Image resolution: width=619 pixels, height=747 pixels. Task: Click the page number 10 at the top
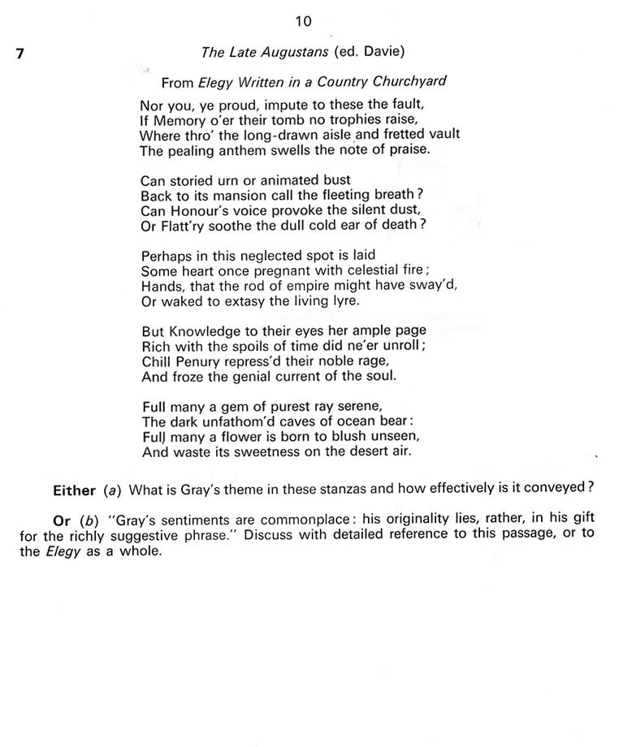click(x=304, y=19)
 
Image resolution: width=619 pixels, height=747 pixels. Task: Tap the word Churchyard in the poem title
click(x=409, y=82)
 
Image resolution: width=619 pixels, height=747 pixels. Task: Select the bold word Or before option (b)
click(x=62, y=520)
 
